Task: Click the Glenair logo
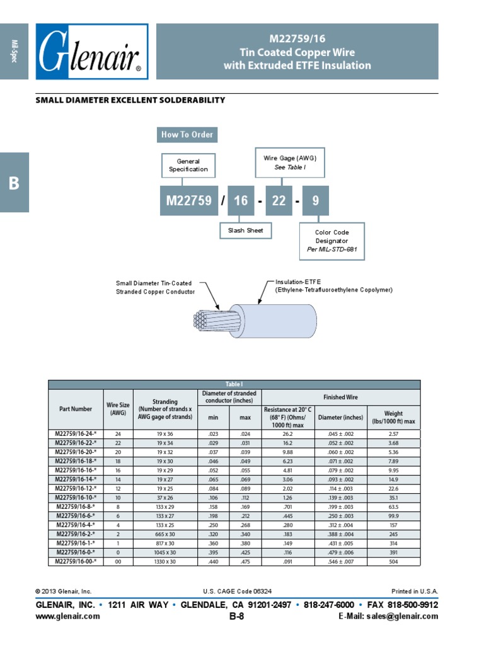pyautogui.click(x=92, y=52)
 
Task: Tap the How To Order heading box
pyautogui.click(x=187, y=134)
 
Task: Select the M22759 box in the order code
pyautogui.click(x=189, y=201)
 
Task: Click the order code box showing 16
pyautogui.click(x=241, y=201)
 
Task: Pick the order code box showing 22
pyautogui.click(x=279, y=201)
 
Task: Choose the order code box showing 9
pyautogui.click(x=316, y=201)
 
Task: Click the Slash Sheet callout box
pyautogui.click(x=246, y=231)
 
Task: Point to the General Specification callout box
pyautogui.click(x=188, y=166)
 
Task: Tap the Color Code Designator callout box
pyautogui.click(x=331, y=241)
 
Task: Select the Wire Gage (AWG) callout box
pyautogui.click(x=289, y=163)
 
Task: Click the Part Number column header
pyautogui.click(x=76, y=409)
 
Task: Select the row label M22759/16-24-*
pyautogui.click(x=76, y=434)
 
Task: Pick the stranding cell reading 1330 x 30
pyautogui.click(x=164, y=561)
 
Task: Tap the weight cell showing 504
pyautogui.click(x=393, y=561)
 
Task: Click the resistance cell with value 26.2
pyautogui.click(x=287, y=434)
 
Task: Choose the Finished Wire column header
pyautogui.click(x=340, y=397)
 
